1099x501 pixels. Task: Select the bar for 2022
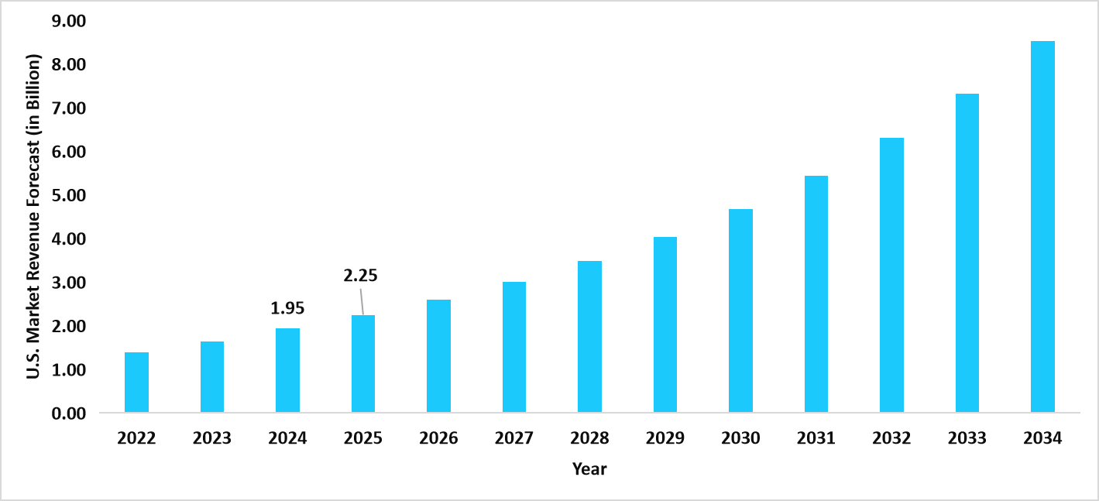[136, 383]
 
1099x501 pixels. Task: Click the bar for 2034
[1042, 227]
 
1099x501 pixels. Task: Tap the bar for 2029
[665, 324]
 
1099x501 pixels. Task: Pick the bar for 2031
[816, 294]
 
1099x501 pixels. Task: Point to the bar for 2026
[438, 356]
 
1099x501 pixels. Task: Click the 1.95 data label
[287, 308]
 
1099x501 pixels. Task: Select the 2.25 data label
[360, 275]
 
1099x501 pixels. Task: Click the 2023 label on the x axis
[212, 439]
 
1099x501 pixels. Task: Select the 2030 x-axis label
[740, 439]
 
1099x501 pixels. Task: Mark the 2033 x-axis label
[967, 439]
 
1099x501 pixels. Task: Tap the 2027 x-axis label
[514, 439]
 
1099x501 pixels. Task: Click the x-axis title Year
[589, 468]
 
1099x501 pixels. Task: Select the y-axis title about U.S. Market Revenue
[33, 217]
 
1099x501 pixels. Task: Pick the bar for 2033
[967, 253]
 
